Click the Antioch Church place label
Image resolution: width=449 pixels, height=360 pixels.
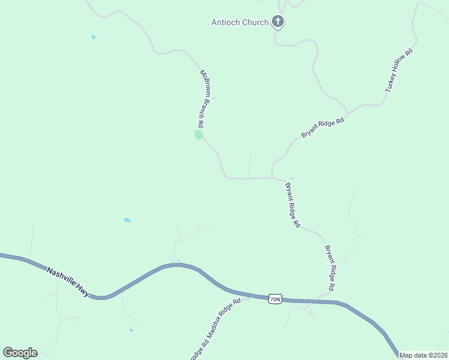[240, 23]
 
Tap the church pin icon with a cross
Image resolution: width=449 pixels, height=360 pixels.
[277, 22]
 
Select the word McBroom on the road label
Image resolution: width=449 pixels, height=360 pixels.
[205, 82]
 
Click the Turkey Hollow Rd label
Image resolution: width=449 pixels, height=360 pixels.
[400, 70]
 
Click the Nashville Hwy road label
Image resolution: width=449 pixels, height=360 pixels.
[68, 281]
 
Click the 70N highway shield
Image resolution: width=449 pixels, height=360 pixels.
[275, 299]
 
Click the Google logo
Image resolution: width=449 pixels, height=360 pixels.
[20, 353]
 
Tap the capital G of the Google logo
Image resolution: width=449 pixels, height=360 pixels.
[8, 353]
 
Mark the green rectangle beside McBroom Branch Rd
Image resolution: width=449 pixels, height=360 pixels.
[199, 134]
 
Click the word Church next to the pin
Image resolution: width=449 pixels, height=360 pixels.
[256, 23]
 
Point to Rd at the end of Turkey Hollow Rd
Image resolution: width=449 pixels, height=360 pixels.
[410, 53]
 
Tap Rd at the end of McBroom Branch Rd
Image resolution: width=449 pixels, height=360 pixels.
[200, 124]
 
